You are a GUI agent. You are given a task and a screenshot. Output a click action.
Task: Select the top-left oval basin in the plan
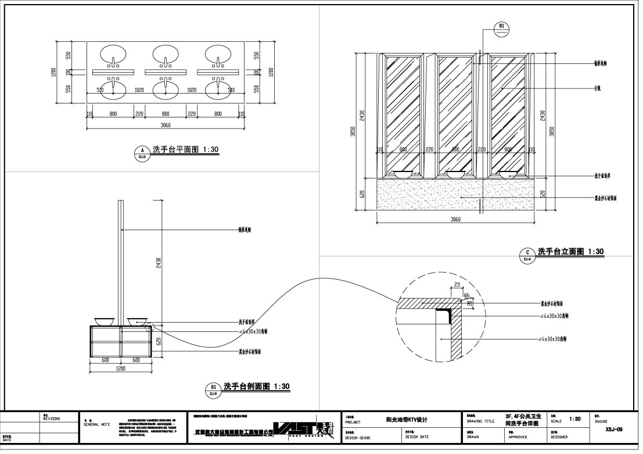113,55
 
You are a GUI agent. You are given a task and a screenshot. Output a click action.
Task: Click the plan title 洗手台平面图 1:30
185,150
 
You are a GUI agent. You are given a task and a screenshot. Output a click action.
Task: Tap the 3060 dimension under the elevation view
455,220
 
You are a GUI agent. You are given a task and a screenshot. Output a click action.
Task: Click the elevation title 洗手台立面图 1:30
570,252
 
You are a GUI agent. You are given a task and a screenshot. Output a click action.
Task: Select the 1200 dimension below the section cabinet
121,369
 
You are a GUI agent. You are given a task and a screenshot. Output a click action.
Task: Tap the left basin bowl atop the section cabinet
102,320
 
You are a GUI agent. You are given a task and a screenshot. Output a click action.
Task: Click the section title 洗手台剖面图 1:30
256,386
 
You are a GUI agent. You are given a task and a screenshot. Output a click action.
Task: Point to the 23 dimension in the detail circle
457,285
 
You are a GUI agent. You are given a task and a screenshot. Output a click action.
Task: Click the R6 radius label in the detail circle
466,295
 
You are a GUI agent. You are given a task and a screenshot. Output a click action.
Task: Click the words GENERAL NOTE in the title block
97,425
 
